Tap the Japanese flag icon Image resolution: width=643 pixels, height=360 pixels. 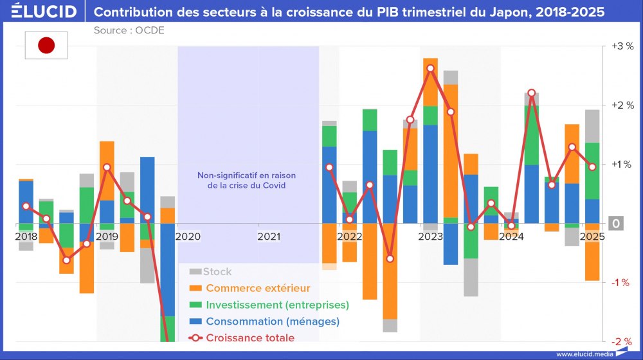point(46,45)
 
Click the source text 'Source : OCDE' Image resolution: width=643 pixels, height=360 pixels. point(129,30)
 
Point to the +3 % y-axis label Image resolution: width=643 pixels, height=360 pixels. point(622,46)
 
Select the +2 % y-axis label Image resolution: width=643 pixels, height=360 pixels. point(622,105)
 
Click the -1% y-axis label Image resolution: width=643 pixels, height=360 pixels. point(622,282)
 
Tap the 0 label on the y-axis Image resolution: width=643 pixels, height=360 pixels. point(616,224)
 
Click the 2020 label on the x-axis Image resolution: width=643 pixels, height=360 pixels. point(188,237)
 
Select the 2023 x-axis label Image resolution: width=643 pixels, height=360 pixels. point(430,237)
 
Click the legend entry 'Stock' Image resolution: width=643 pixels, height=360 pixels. point(217,272)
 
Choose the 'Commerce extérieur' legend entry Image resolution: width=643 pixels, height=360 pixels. point(258,288)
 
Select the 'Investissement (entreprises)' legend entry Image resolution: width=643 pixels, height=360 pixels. point(277,305)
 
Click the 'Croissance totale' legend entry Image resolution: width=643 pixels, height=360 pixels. point(250,338)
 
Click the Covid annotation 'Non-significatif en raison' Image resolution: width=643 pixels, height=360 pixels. point(247,175)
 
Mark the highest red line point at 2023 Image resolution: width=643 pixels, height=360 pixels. point(430,69)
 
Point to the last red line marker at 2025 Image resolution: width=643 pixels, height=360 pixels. point(592,167)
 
